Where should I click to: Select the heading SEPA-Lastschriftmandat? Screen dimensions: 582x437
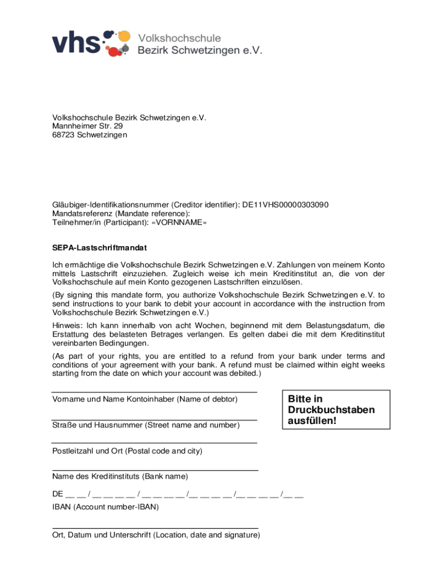[x=100, y=248]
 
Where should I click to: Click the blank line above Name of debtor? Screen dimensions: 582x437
[x=154, y=393]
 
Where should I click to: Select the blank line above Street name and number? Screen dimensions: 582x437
[x=154, y=419]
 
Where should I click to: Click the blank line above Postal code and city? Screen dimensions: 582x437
[x=154, y=443]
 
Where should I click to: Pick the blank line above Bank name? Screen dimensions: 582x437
[x=154, y=470]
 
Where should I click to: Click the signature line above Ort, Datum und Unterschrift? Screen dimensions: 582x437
[x=154, y=528]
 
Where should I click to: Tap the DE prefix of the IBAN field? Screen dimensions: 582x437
[x=57, y=493]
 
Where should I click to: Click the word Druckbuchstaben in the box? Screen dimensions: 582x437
[x=331, y=410]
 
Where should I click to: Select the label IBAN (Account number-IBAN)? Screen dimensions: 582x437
[x=106, y=507]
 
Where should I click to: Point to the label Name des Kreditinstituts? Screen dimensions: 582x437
[x=96, y=476]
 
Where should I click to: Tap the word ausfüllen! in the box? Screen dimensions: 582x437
[x=312, y=421]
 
